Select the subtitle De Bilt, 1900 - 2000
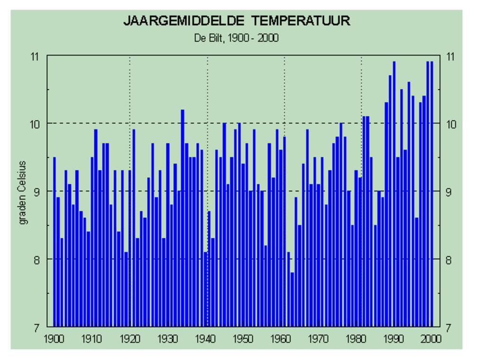pyautogui.click(x=236, y=38)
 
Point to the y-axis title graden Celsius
pyautogui.click(x=23, y=192)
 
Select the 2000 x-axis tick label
pyautogui.click(x=431, y=339)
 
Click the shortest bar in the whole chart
pyautogui.click(x=292, y=299)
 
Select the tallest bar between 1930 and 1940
pyautogui.click(x=182, y=218)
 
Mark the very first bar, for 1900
pyautogui.click(x=55, y=242)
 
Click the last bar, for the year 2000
pyautogui.click(x=431, y=194)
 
